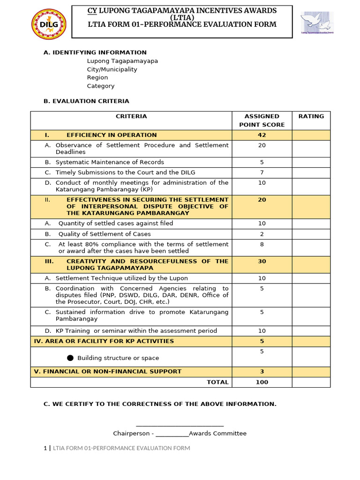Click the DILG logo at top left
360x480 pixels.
tap(49, 24)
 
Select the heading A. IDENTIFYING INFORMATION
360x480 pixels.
tap(95, 52)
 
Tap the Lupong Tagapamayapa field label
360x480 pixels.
tap(122, 61)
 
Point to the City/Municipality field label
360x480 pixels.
tap(112, 69)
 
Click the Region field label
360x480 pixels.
tap(97, 78)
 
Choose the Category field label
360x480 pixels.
tap(101, 86)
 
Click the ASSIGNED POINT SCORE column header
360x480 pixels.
tap(262, 120)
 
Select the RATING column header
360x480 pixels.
tap(311, 116)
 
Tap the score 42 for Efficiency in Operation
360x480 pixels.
tap(262, 135)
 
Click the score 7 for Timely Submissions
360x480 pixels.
tap(262, 172)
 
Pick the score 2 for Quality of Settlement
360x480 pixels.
tap(262, 234)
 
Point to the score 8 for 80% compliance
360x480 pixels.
tap(262, 244)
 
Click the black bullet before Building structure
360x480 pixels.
tap(70, 358)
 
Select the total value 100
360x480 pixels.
tap(262, 382)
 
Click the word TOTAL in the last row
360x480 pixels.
tap(217, 382)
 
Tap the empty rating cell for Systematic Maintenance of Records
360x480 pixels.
tap(311, 162)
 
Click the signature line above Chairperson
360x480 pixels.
tap(180, 425)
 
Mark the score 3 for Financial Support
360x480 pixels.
tap(262, 372)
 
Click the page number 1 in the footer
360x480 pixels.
tap(45, 448)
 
